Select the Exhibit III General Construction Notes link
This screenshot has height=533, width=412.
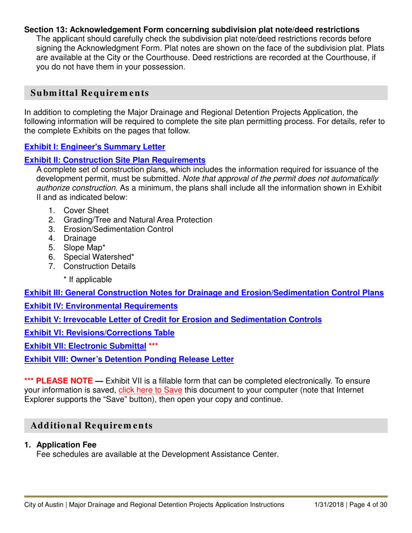click(203, 292)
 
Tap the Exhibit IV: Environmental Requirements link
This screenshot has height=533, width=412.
click(101, 306)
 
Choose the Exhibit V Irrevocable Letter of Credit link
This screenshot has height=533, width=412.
click(173, 320)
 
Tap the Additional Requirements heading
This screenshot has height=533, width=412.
click(92, 426)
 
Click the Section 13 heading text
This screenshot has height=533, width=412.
click(191, 30)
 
